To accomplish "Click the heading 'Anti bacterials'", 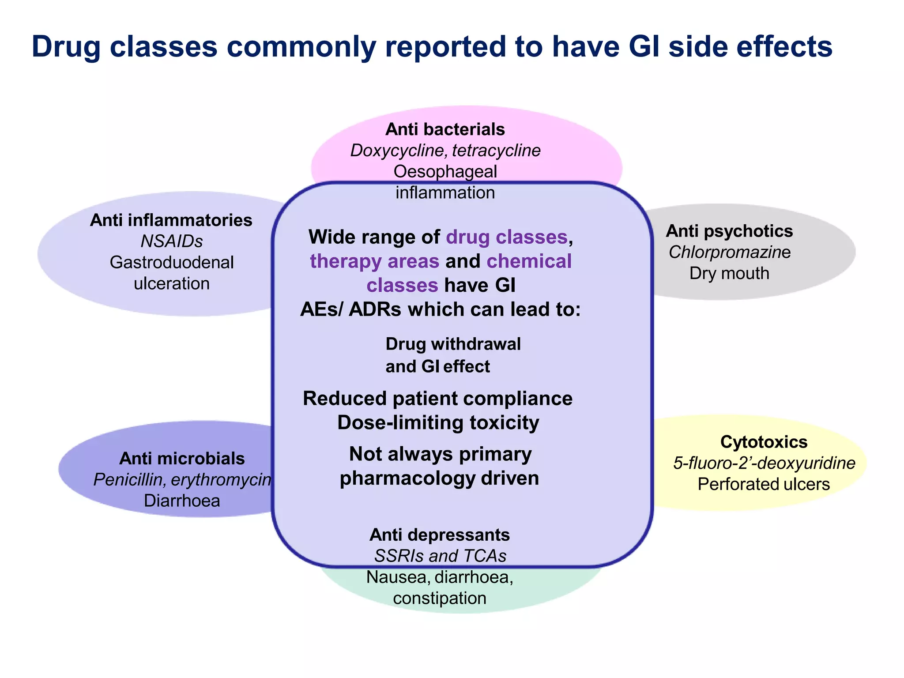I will point(445,129).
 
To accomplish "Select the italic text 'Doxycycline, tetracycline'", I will point(445,151).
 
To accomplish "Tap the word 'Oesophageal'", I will point(445,172).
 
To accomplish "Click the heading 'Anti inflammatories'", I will point(171,220).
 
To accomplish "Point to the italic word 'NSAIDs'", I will point(171,241).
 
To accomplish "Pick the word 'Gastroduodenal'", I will point(171,263).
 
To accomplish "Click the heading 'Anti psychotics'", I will point(729,231).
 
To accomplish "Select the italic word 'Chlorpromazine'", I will point(729,252).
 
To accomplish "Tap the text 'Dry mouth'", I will point(729,273).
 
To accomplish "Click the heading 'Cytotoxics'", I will point(764,442).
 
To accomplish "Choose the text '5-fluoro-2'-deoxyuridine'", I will point(764,463).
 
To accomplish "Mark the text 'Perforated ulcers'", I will point(764,484).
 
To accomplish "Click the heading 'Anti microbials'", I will point(182,459).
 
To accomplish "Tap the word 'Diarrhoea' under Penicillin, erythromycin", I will point(182,501).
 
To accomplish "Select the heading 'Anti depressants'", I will point(440,535).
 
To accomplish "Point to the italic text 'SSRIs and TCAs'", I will point(440,556).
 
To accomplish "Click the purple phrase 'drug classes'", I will point(506,237).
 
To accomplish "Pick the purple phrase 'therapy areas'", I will point(374,261).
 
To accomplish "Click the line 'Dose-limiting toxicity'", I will point(438,422).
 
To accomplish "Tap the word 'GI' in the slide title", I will point(644,46).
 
